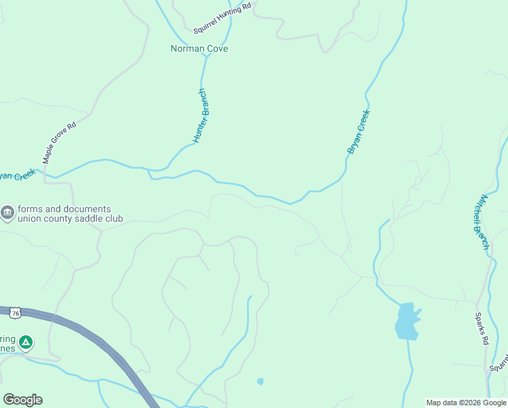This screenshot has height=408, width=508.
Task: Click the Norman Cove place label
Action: pyautogui.click(x=199, y=49)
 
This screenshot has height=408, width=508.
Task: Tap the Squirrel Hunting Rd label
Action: pyautogui.click(x=222, y=18)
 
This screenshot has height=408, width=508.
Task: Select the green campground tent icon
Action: pyautogui.click(x=25, y=342)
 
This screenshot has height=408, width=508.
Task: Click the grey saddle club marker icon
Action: pyautogui.click(x=7, y=214)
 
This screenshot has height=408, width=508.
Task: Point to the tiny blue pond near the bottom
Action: pyautogui.click(x=260, y=381)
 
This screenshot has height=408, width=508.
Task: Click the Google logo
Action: pyautogui.click(x=22, y=400)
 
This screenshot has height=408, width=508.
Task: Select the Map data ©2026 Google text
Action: pyautogui.click(x=465, y=403)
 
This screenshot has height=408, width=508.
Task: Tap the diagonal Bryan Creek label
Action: pyautogui.click(x=358, y=132)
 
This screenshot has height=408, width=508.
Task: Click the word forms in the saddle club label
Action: pyautogui.click(x=31, y=209)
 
